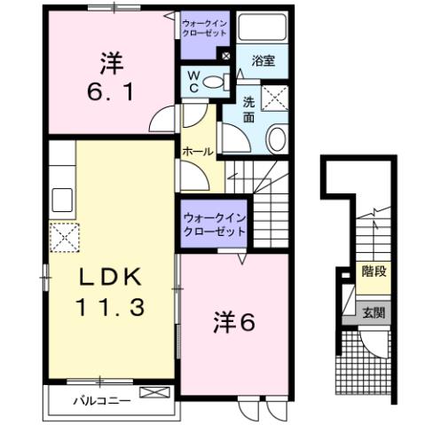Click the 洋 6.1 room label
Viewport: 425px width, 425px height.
(x=110, y=77)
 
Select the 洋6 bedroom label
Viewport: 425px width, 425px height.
(x=234, y=323)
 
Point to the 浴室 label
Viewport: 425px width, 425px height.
(x=263, y=61)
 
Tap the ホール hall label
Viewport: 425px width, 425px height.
(x=198, y=152)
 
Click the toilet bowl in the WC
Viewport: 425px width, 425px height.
(x=213, y=83)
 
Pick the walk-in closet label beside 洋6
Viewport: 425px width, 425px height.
(x=214, y=224)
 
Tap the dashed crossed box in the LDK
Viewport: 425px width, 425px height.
(x=65, y=237)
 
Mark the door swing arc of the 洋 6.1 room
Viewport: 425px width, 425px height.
(x=162, y=119)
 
